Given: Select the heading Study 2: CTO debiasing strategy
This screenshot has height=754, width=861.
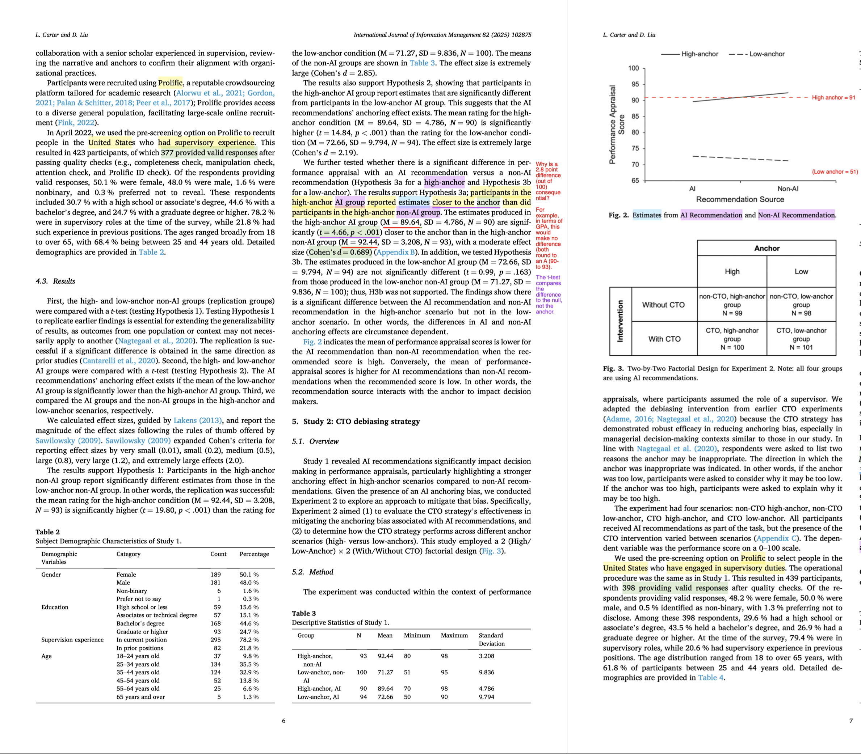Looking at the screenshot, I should (356, 421).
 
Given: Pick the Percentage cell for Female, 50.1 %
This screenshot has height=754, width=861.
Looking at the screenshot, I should (249, 574).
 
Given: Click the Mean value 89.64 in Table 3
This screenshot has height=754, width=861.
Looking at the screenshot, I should (385, 689).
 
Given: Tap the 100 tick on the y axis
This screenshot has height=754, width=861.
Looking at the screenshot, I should (633, 68).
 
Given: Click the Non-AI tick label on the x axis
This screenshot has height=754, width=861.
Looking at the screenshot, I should (788, 188).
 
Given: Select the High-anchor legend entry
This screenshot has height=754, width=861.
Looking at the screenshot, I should (690, 54).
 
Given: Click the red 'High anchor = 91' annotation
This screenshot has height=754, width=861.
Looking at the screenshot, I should (833, 98).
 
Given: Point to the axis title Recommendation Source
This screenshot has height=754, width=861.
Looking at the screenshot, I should (740, 199).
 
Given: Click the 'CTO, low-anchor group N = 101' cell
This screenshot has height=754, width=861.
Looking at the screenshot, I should (801, 339).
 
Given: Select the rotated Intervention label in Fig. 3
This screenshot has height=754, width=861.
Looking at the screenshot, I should (620, 321).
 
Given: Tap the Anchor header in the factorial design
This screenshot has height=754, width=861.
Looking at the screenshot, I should (767, 248).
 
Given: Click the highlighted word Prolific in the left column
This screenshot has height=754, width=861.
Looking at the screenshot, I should (171, 83).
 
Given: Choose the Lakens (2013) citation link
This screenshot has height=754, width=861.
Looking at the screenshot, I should (197, 420).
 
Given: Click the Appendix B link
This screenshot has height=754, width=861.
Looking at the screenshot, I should (396, 252).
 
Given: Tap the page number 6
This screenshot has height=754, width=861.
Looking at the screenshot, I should (283, 721).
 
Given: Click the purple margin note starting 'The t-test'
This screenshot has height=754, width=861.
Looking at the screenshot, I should (549, 295).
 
